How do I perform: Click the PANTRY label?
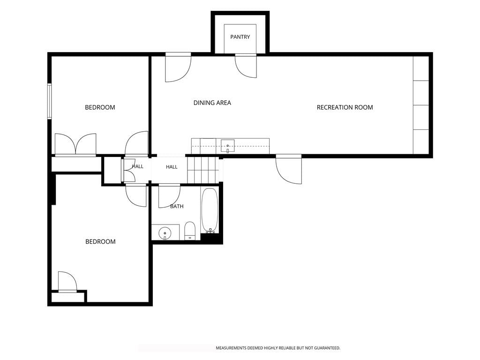click(240, 37)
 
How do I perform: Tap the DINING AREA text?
click(212, 103)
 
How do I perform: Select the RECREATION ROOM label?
click(345, 107)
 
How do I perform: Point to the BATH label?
click(177, 206)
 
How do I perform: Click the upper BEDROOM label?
click(100, 107)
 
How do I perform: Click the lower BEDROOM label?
click(100, 241)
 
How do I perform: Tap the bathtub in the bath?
click(210, 210)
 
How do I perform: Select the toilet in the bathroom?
click(190, 231)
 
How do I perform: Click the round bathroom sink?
click(165, 233)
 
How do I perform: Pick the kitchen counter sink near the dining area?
click(227, 146)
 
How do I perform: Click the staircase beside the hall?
click(203, 170)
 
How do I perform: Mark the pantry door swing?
click(246, 66)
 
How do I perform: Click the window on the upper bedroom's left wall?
click(49, 101)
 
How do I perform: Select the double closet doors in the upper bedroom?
click(75, 144)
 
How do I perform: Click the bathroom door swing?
click(169, 196)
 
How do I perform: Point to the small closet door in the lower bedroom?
click(67, 281)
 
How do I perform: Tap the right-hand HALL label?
click(172, 167)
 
